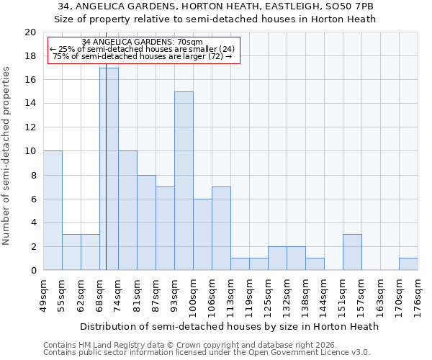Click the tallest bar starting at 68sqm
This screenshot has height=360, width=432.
point(109,169)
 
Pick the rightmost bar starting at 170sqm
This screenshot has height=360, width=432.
point(408,264)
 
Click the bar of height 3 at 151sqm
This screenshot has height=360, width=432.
point(352,252)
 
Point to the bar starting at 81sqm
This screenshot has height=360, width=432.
point(146,222)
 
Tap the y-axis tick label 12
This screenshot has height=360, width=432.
point(30,127)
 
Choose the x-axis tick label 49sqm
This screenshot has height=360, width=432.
point(44,292)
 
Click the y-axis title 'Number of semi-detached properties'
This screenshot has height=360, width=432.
point(7,156)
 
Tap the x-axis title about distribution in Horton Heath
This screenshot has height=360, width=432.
point(229,326)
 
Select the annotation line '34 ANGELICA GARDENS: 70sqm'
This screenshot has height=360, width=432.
point(143,42)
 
